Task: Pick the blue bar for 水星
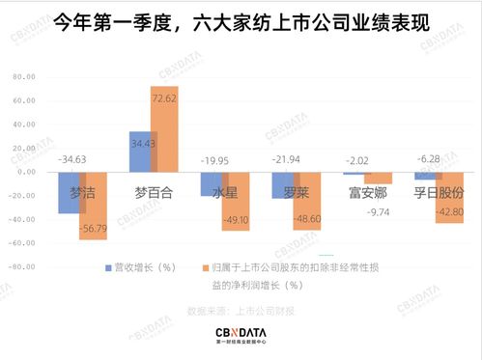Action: click(x=212, y=184)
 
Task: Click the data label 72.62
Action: click(x=164, y=98)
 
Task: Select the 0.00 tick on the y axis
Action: click(x=26, y=172)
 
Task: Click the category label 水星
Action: click(x=224, y=192)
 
